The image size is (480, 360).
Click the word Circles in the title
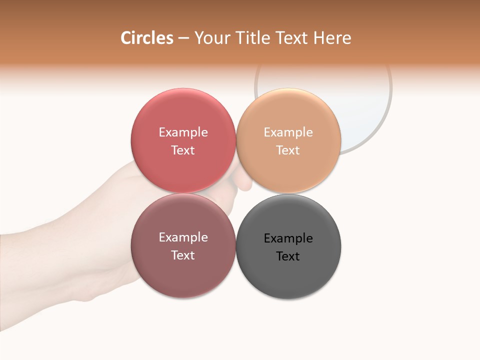point(146,38)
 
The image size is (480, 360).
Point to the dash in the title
point(183,38)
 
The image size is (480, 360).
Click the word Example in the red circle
point(183,132)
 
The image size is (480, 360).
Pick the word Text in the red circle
point(183,150)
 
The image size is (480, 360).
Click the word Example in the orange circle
point(288,132)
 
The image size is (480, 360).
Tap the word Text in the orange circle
point(288,150)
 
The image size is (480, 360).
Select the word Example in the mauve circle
point(183,237)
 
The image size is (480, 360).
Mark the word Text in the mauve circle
point(183,255)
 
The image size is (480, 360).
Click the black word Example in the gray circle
point(288,238)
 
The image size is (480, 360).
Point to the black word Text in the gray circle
point(288,256)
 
